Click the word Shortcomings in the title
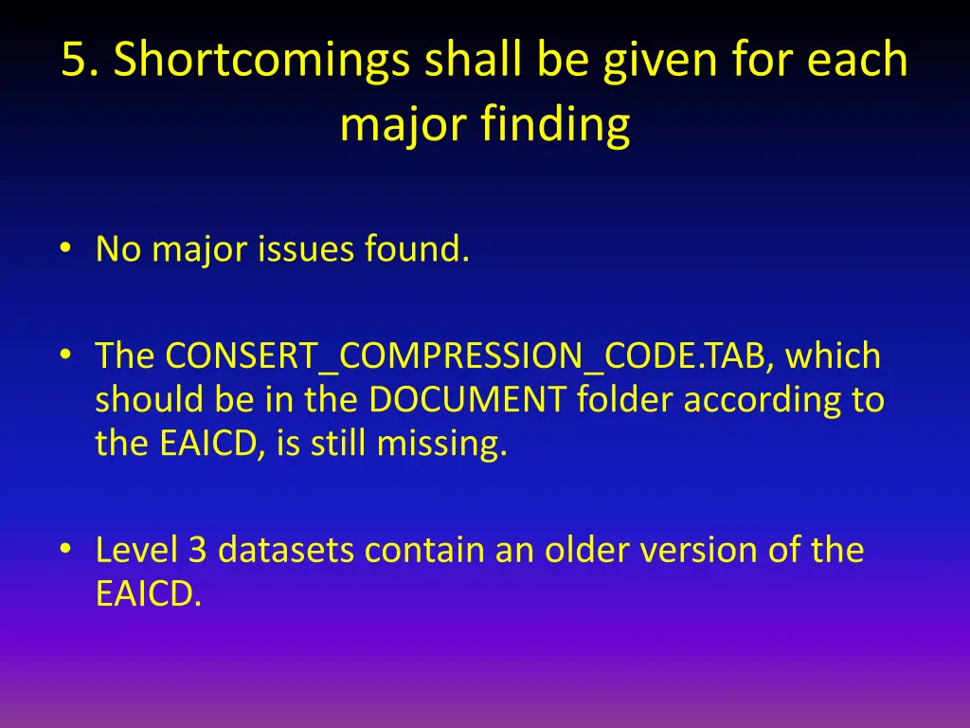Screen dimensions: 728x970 (x=260, y=63)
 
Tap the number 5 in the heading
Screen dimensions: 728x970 (x=74, y=61)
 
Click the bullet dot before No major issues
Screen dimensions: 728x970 (x=64, y=249)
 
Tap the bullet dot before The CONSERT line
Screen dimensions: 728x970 (x=64, y=356)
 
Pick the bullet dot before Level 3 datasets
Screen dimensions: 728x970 (x=64, y=550)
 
